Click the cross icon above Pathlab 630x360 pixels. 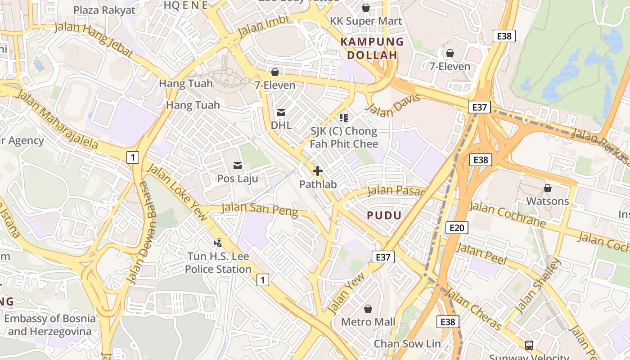[x=318, y=171]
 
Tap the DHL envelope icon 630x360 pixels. [x=281, y=112]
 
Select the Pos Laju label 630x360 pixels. [x=238, y=179]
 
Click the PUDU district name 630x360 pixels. [x=384, y=216]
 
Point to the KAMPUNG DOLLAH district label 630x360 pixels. [x=372, y=49]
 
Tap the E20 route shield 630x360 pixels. [x=456, y=228]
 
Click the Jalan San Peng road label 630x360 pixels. [x=260, y=209]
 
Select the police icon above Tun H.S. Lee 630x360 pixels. [x=218, y=243]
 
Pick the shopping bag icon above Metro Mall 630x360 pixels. [x=368, y=309]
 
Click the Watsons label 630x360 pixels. [x=547, y=201]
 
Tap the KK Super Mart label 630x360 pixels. [x=366, y=21]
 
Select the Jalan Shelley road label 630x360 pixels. [x=539, y=286]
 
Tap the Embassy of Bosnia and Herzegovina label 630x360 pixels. [x=50, y=325]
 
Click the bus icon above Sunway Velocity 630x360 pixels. [x=529, y=346]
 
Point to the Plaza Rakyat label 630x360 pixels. [x=104, y=10]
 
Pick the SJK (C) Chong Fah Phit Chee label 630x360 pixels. [x=344, y=138]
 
